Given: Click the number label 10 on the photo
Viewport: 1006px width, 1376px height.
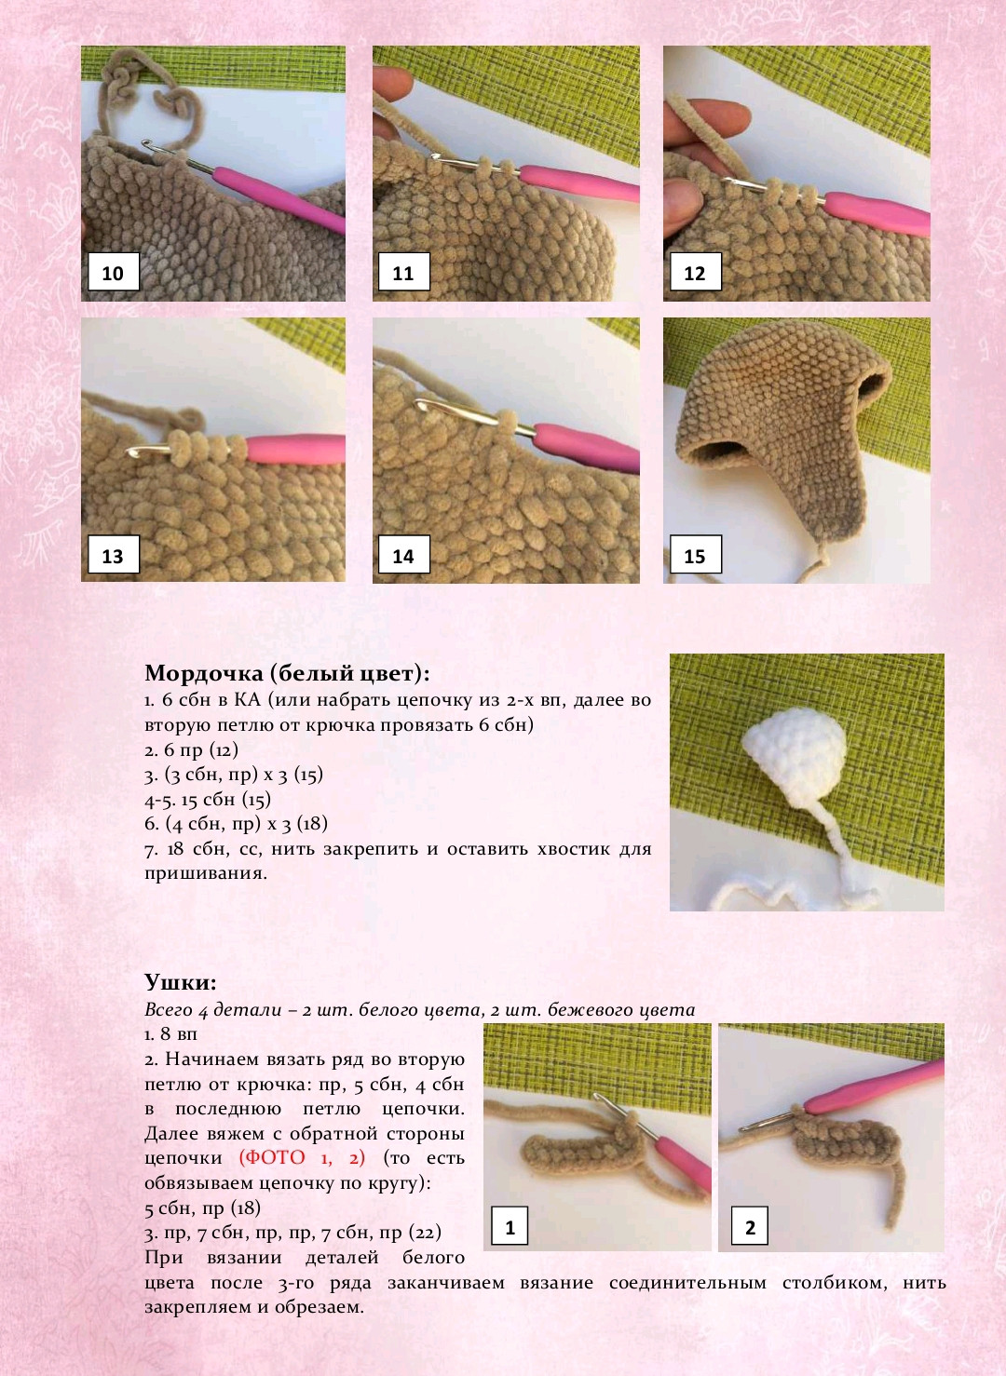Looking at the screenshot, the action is pos(114,273).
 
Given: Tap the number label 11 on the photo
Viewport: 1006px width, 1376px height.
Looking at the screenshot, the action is pos(403,273).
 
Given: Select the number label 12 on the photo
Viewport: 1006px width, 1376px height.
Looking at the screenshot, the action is pos(695,273).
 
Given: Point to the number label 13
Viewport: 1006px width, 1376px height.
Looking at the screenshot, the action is pos(114,555).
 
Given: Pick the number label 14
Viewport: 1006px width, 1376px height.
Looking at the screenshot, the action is pos(403,555).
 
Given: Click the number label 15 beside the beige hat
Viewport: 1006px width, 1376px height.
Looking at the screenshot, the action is pos(695,555).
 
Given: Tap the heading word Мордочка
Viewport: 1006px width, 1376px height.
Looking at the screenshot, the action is pos(203,674).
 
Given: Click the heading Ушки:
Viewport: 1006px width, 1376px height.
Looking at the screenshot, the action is pos(181,981).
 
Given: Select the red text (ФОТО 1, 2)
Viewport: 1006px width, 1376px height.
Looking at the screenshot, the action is pos(302,1158).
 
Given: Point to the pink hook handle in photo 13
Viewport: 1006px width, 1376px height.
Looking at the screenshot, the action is pos(295,449).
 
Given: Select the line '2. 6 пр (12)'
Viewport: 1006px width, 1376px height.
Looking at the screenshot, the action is pos(191,750).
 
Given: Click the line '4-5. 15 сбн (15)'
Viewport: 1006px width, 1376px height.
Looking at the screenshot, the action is pos(208,799).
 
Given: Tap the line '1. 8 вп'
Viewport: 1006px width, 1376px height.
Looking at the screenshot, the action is pos(170,1033).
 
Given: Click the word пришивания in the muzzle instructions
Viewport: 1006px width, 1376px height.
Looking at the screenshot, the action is pos(205,873).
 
